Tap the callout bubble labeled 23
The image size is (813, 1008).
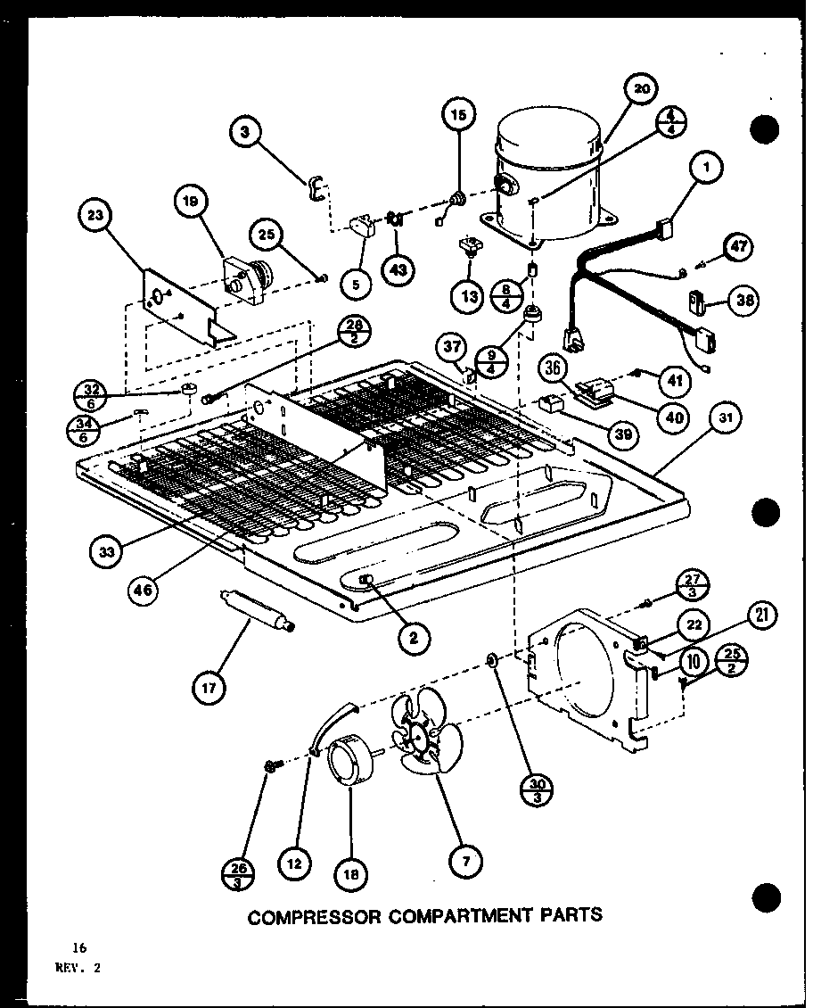pos(98,215)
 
